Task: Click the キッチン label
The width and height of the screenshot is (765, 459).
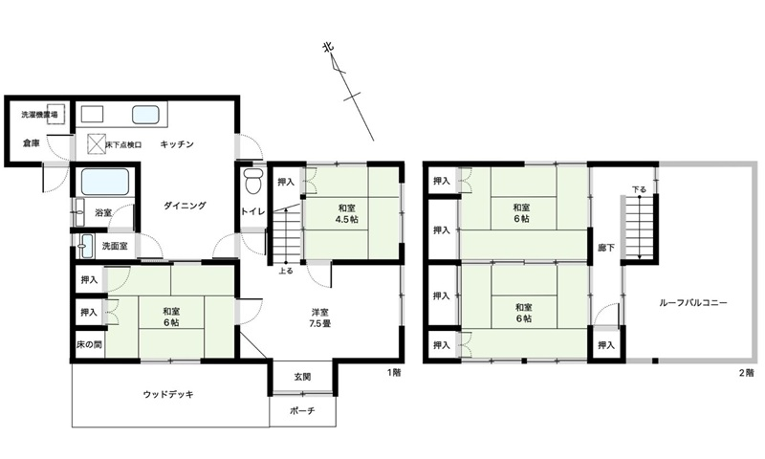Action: coord(179,144)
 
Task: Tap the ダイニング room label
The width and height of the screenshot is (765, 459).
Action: coord(185,206)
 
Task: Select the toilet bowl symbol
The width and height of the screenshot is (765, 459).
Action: coord(252,181)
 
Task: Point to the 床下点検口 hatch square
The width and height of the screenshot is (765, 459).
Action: coord(96,144)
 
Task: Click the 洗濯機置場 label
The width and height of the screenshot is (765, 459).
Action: coord(39,115)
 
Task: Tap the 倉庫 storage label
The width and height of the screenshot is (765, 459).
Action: coord(32,144)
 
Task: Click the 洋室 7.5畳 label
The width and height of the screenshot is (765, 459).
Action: coord(319,317)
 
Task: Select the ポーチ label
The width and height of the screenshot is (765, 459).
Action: coord(302,411)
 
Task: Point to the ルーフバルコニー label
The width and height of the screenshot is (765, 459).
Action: coord(694,303)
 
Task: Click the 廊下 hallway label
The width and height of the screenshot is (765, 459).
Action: coord(605,248)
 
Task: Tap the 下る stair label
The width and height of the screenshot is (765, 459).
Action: coord(638,189)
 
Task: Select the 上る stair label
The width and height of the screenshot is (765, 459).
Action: coord(285,271)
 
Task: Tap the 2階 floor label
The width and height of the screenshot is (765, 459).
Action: coord(745,371)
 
